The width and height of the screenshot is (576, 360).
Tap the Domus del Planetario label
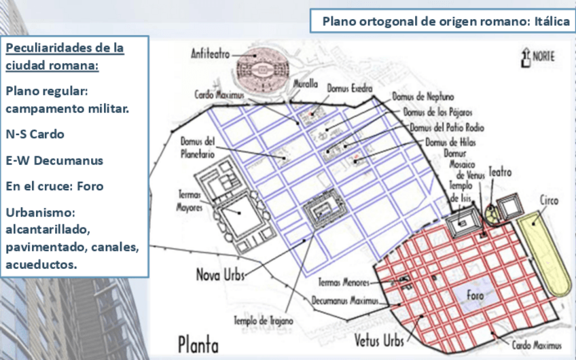[198, 148]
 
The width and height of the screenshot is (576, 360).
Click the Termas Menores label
[346, 282]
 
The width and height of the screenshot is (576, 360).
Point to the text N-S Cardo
[35, 134]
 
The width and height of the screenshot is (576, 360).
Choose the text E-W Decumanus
[54, 160]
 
